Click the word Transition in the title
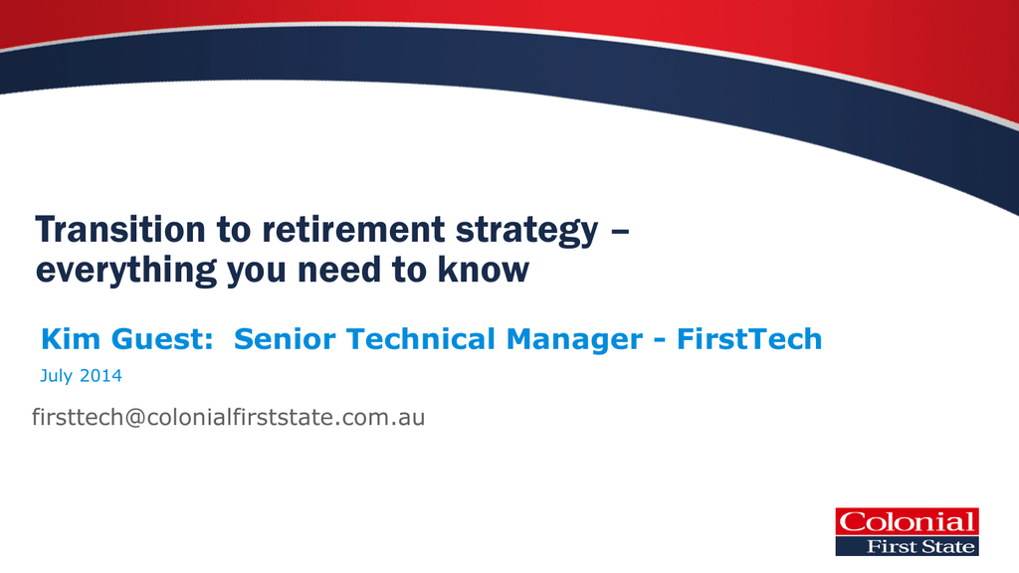pos(120,230)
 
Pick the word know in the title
pos(484,270)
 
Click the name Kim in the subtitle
pos(71,339)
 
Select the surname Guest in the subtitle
pos(162,339)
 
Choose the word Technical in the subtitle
pos(421,339)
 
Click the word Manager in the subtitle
pos(574,340)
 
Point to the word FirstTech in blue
pos(749,339)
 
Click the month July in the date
pos(56,377)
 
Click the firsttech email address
pos(228,417)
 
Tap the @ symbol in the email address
pos(134,418)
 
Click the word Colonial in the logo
pos(908,522)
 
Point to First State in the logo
pos(920,547)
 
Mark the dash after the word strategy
pos(620,231)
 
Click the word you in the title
pos(257,273)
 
